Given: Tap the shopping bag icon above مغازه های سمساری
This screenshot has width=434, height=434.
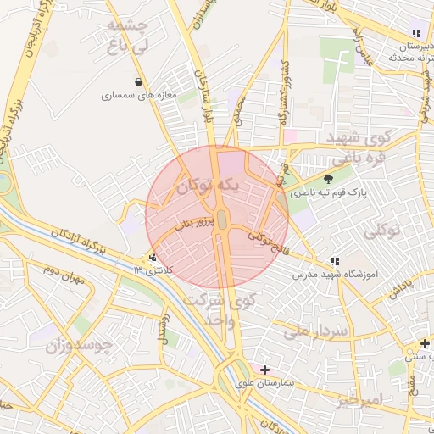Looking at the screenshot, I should [136, 81].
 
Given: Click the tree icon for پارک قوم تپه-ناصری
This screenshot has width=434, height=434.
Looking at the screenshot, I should [328, 179].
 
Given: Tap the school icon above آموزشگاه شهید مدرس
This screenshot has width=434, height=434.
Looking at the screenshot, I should [335, 261].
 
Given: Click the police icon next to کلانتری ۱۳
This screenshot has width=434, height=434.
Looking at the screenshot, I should [153, 257].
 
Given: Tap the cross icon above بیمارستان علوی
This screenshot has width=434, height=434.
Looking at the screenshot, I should [265, 370].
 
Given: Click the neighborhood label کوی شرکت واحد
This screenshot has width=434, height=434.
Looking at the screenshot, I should [231, 310].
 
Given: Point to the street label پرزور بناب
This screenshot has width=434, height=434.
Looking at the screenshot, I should [188, 222].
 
